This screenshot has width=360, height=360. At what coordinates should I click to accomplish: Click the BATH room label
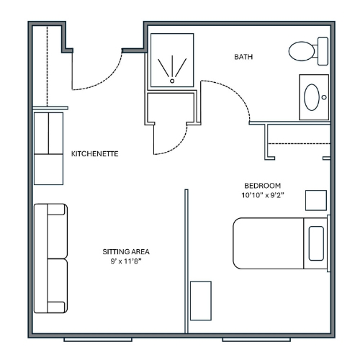(243, 57)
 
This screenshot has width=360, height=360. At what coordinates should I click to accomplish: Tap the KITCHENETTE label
(95, 153)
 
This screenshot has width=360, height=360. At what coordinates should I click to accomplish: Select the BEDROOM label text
(263, 186)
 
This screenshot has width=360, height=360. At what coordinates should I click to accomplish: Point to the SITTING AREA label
(126, 251)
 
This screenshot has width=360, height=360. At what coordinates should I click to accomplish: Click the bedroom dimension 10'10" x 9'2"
(263, 195)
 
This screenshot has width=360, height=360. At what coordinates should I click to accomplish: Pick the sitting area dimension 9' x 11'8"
(126, 261)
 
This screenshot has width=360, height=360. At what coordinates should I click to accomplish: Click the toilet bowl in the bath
(302, 51)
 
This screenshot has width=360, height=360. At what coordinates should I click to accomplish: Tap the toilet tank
(323, 51)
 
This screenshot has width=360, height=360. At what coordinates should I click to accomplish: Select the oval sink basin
(312, 97)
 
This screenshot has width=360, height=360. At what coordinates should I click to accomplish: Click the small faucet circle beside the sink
(324, 97)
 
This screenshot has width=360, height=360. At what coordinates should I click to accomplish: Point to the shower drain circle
(172, 81)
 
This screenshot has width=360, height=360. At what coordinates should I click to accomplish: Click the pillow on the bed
(316, 243)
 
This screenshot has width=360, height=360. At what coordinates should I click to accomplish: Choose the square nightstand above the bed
(316, 200)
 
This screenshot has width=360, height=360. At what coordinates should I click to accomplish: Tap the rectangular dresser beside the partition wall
(201, 301)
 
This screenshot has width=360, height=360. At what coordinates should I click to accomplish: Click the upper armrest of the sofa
(56, 210)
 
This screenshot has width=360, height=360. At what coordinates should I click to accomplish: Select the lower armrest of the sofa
(56, 307)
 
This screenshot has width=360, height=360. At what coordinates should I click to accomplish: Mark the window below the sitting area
(98, 340)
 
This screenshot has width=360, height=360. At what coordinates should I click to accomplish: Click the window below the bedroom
(256, 340)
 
